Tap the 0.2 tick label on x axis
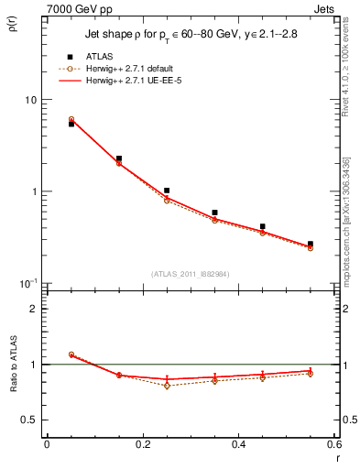tap(142, 445)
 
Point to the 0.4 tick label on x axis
tap(238, 445)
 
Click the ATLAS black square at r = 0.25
tap(166, 191)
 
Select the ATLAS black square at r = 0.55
tap(311, 244)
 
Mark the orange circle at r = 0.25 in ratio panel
tap(166, 386)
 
